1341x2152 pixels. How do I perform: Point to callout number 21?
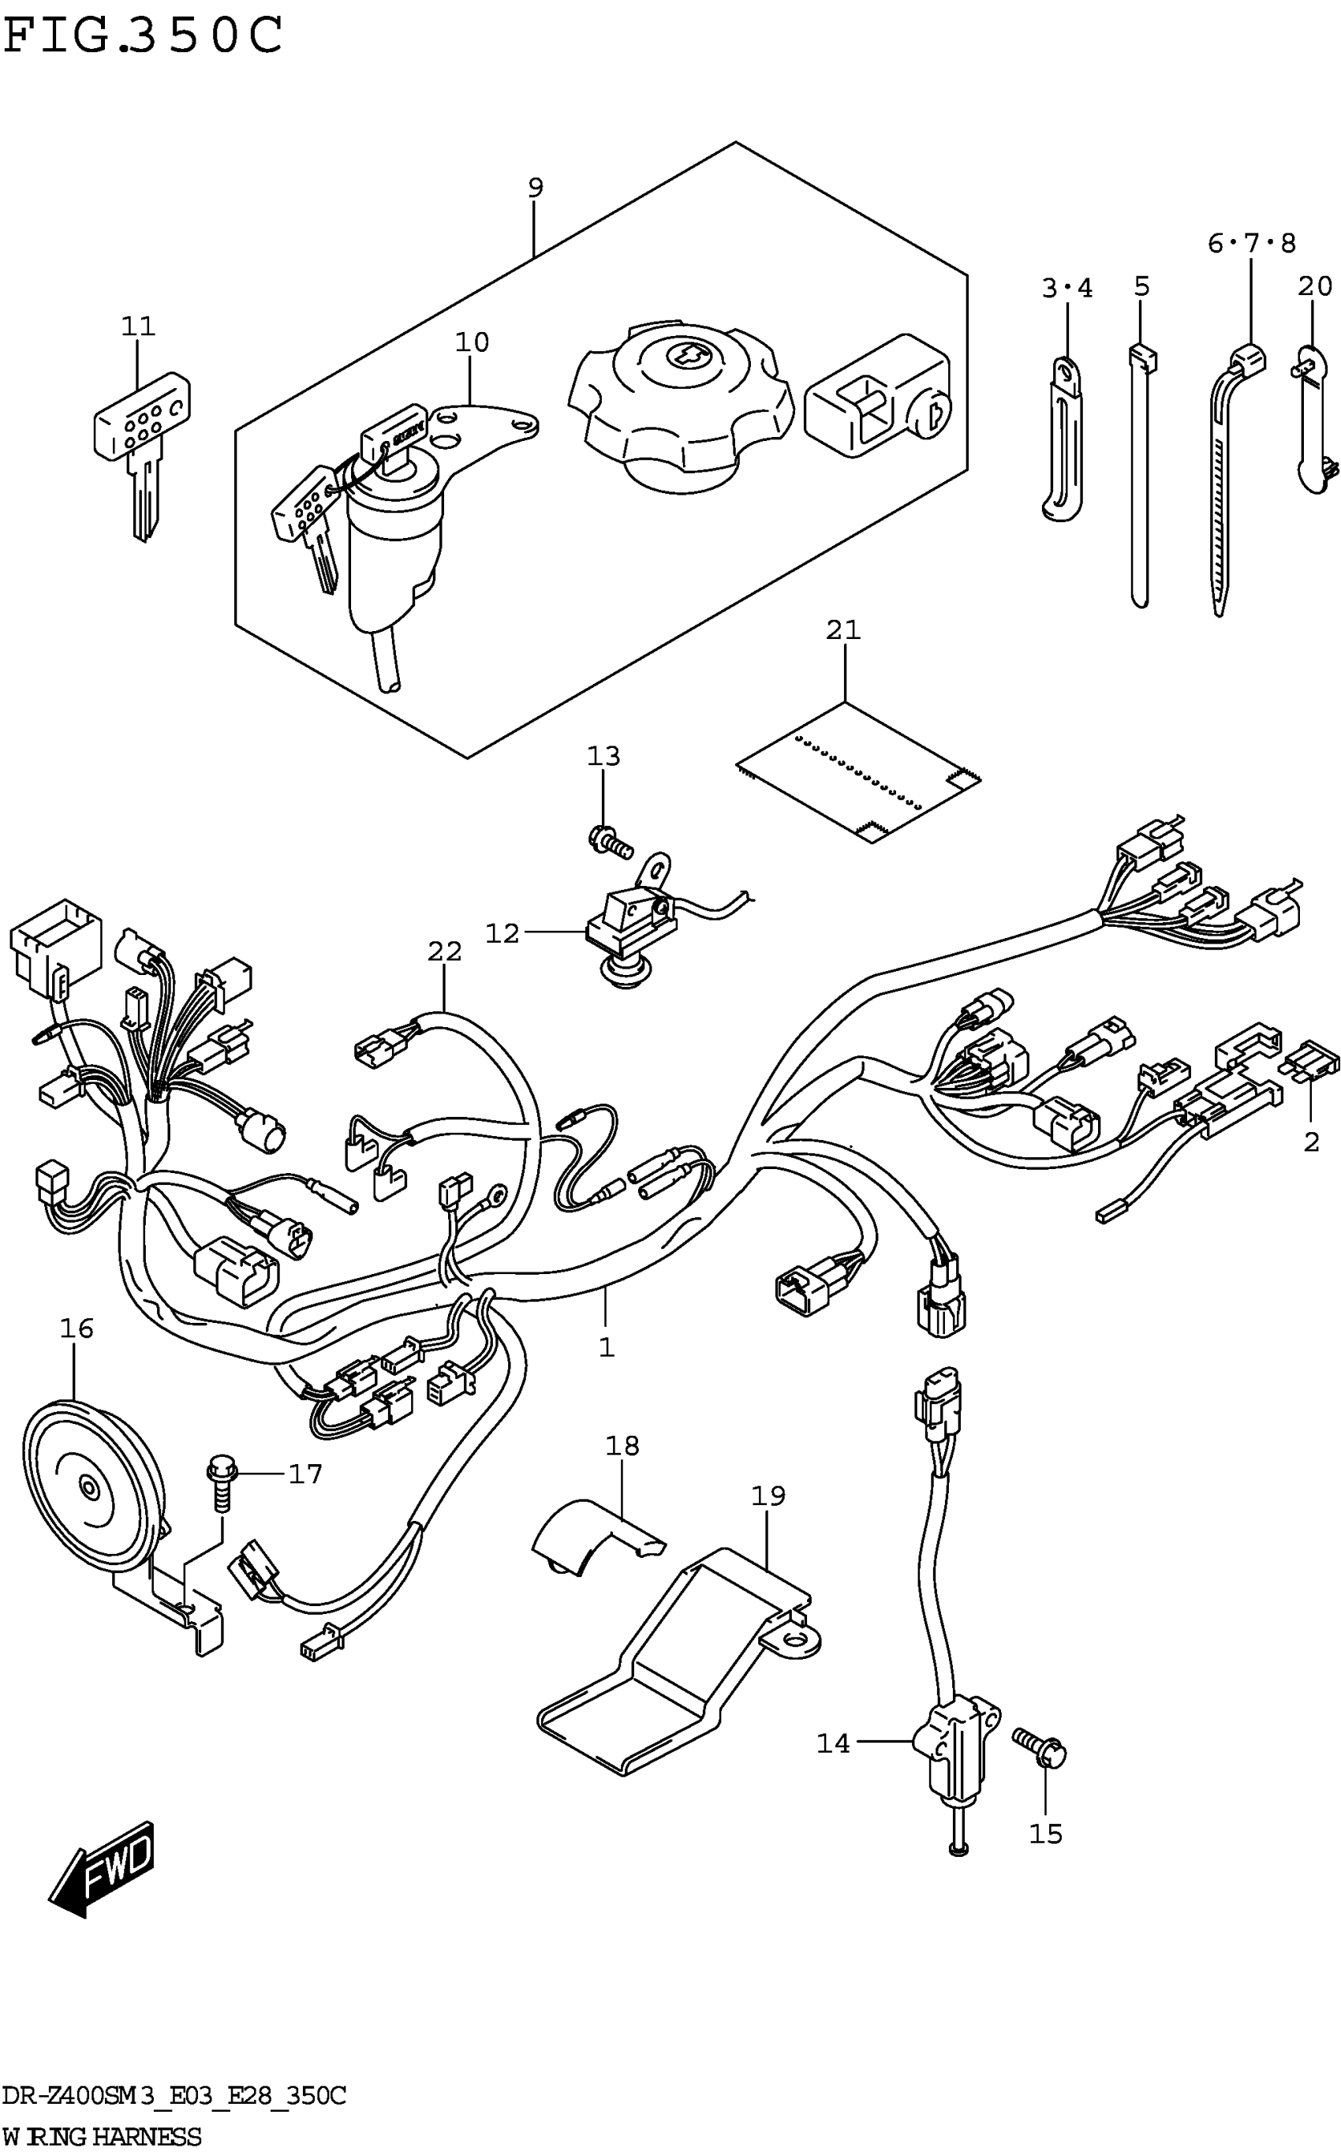[843, 630]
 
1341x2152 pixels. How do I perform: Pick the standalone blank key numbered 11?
[142, 452]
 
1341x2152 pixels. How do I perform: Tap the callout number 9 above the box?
[535, 187]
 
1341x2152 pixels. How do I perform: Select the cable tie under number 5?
[1141, 476]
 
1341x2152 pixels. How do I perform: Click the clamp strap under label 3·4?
[1063, 438]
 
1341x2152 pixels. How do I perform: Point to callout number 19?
[768, 1495]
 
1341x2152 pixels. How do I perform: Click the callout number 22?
[444, 951]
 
